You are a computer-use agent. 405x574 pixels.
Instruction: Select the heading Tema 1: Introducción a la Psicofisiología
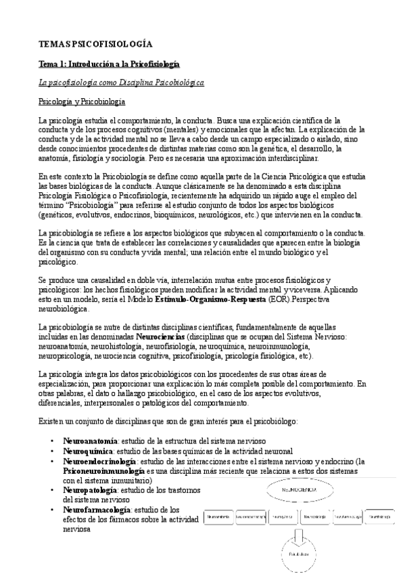pyautogui.click(x=109, y=64)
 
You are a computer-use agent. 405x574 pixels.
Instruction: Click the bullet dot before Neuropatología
pyautogui.click(x=53, y=489)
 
